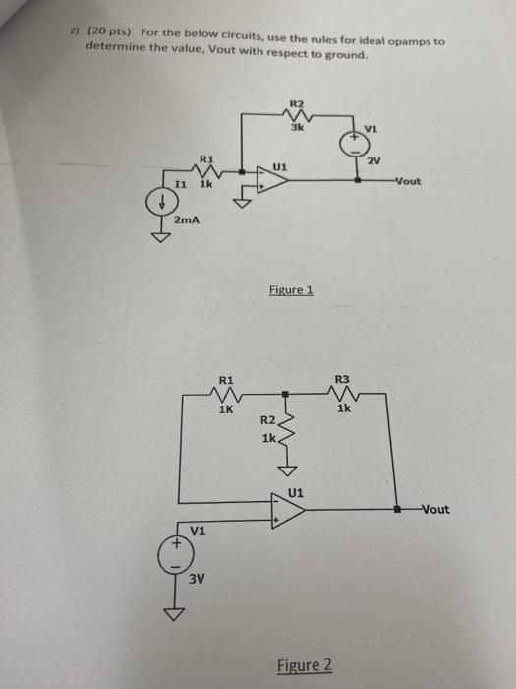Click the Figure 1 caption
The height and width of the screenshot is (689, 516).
tap(289, 290)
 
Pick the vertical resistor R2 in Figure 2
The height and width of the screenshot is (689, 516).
tap(284, 430)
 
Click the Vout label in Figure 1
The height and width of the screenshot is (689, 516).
tap(409, 181)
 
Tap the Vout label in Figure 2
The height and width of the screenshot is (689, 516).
tap(433, 510)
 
